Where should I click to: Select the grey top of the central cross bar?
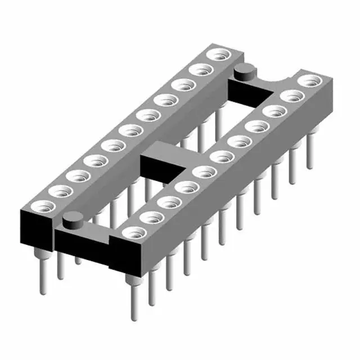pyautogui.click(x=169, y=152)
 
